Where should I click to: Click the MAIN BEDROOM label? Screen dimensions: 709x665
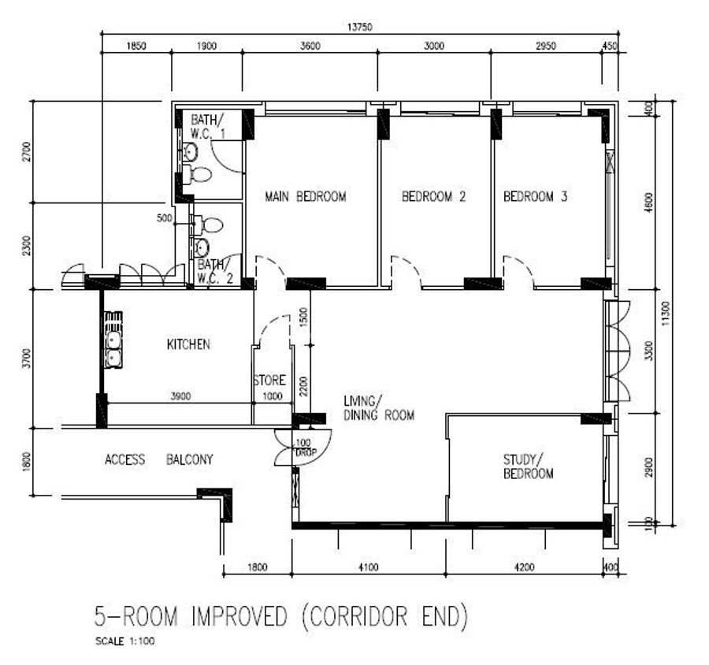coord(305,197)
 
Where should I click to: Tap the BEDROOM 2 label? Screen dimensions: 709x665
coord(433,197)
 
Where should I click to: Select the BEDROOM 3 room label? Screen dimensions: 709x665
coord(536,197)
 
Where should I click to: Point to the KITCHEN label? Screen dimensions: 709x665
coord(188,345)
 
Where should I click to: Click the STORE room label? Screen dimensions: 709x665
coord(269,380)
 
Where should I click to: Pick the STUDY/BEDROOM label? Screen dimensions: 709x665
coord(528,467)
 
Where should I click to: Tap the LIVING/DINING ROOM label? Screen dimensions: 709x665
coord(379,408)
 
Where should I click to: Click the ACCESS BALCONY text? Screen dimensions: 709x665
coord(158,459)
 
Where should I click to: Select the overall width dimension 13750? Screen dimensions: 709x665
coord(360,27)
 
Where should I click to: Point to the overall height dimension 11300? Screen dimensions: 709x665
coord(666,314)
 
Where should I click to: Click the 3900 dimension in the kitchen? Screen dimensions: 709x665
coord(180,396)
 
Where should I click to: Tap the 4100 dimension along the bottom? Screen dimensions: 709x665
coord(369,567)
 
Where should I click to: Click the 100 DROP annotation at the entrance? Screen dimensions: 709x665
coord(305,448)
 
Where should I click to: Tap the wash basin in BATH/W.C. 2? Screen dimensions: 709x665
coord(202,247)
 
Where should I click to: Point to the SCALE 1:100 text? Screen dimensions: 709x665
coord(125,641)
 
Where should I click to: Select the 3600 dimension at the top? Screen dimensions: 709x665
coord(310,46)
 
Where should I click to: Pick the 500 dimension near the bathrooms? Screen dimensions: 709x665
coord(164,218)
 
